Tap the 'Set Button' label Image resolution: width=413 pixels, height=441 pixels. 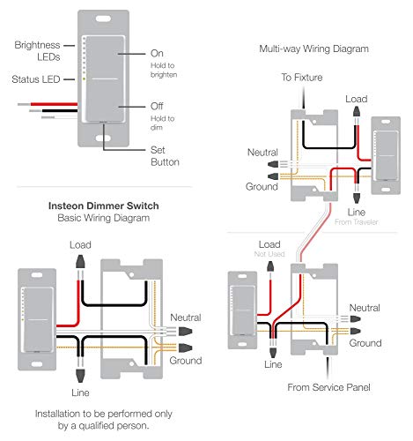164,155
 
